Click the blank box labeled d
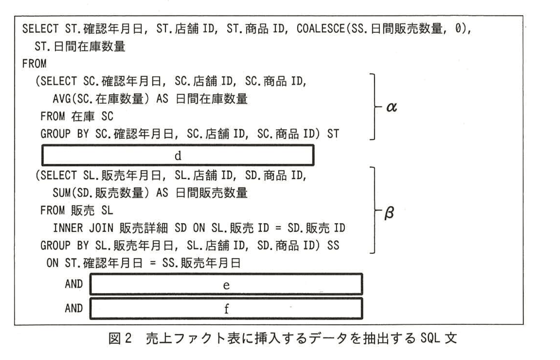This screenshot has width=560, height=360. [178, 155]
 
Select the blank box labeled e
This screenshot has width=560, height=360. [226, 285]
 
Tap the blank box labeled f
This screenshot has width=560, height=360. [226, 308]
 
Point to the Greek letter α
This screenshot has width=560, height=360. [391, 107]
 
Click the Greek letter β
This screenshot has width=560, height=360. [389, 212]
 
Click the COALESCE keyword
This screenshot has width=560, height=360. [320, 29]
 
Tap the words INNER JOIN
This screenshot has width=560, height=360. [83, 228]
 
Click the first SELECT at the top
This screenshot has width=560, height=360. [40, 29]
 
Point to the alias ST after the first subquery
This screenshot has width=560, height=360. [333, 134]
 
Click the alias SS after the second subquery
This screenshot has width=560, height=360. [333, 245]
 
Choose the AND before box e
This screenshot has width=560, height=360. [74, 284]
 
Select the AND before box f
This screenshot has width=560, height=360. [74, 308]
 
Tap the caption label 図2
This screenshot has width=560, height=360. [120, 338]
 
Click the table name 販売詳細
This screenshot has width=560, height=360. [143, 228]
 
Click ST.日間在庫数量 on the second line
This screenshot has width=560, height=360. [80, 46]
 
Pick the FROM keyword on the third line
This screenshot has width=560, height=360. [34, 64]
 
